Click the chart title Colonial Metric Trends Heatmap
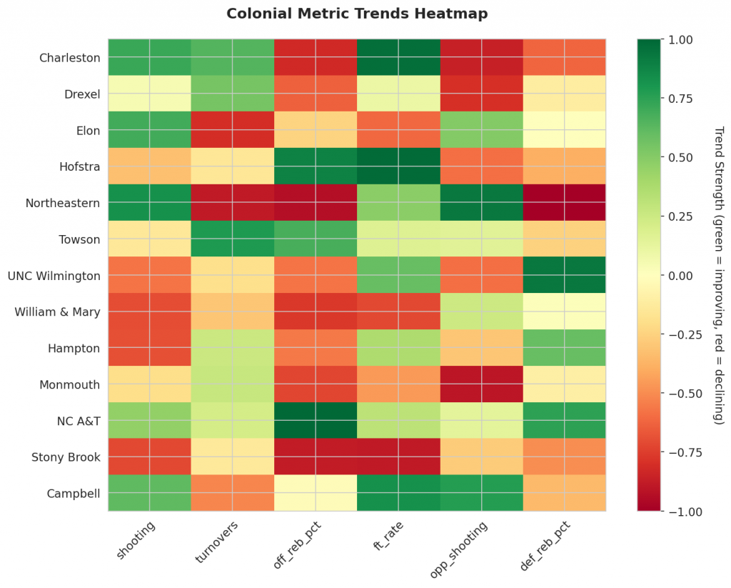pyautogui.click(x=357, y=14)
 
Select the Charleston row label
pyautogui.click(x=69, y=58)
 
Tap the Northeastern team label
pyautogui.click(x=64, y=203)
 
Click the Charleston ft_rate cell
pyautogui.click(x=399, y=58)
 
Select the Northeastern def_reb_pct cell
pyautogui.click(x=565, y=203)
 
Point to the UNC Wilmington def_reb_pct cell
pyautogui.click(x=565, y=275)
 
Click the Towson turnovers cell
pyautogui.click(x=233, y=239)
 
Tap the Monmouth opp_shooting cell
pyautogui.click(x=482, y=384)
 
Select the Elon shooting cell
pyautogui.click(x=150, y=130)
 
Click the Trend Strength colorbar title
pyautogui.click(x=718, y=275)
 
